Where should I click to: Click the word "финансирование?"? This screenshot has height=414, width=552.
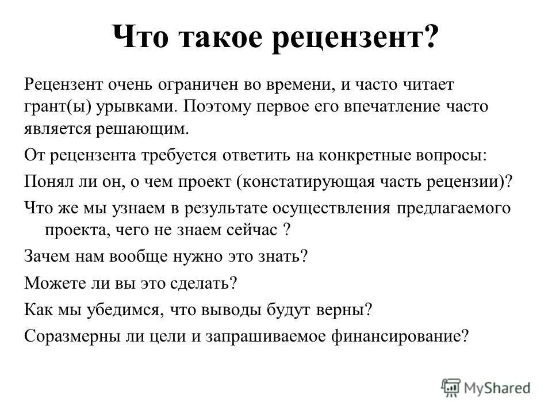coord(401,336)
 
